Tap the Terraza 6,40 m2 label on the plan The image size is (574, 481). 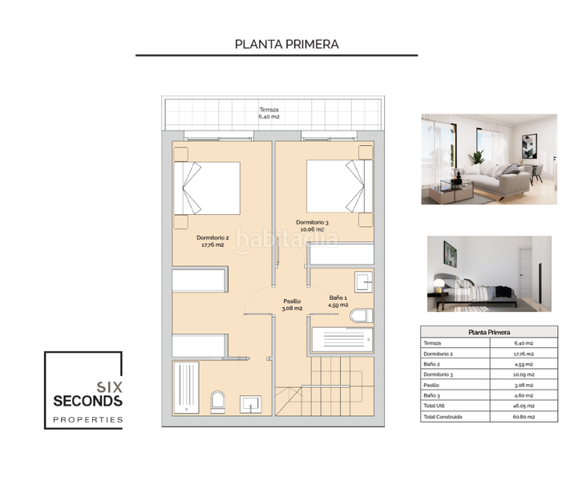point(270,113)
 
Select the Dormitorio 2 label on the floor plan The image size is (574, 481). point(213,241)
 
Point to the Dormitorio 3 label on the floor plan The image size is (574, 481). point(313,226)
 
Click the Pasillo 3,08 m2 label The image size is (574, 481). point(292,304)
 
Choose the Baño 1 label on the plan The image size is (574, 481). point(338,301)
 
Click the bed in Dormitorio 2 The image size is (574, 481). point(210,189)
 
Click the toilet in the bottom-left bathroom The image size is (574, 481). point(216,401)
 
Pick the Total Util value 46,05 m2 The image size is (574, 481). point(525,406)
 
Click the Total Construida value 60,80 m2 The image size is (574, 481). point(525,417)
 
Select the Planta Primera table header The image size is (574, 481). point(489,332)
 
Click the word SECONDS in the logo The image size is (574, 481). point(87,399)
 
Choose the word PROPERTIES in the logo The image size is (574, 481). point(87,419)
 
